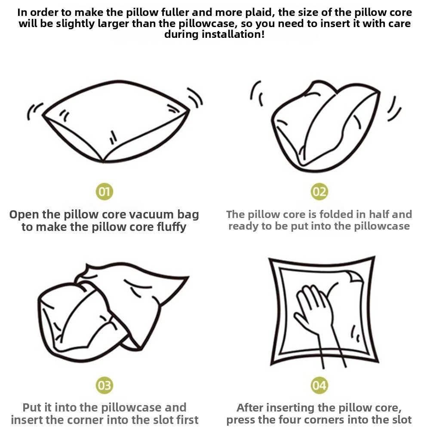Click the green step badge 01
(104, 191)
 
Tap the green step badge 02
(319, 191)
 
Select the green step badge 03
(104, 385)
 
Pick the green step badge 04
(319, 385)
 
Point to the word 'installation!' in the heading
(233, 34)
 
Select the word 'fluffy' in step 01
(172, 227)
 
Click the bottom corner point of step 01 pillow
(103, 161)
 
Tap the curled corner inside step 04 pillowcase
(356, 277)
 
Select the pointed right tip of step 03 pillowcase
(188, 277)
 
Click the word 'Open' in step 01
(24, 215)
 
